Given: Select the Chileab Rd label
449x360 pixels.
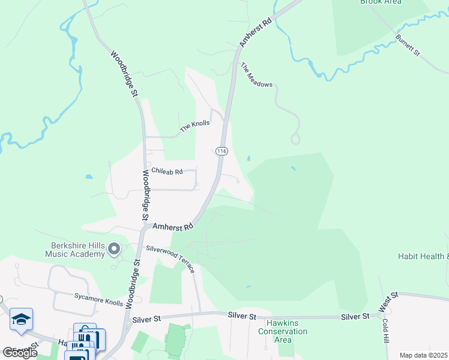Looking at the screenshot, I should pyautogui.click(x=166, y=172).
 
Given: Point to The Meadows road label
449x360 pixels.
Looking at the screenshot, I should pyautogui.click(x=256, y=75).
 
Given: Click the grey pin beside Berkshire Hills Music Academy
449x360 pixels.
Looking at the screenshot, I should pyautogui.click(x=114, y=249).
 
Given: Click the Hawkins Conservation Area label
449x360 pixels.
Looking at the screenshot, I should pyautogui.click(x=282, y=331).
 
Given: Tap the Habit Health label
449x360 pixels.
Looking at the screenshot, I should pyautogui.click(x=423, y=256).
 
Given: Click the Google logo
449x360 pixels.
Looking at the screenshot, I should pyautogui.click(x=20, y=353).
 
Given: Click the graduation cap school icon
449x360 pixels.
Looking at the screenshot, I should pyautogui.click(x=21, y=319).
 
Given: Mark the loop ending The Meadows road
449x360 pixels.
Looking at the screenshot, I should pyautogui.click(x=295, y=139).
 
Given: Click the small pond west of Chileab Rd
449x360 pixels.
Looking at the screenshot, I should pyautogui.click(x=89, y=177).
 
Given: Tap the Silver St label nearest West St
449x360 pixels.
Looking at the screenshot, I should pyautogui.click(x=355, y=316).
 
